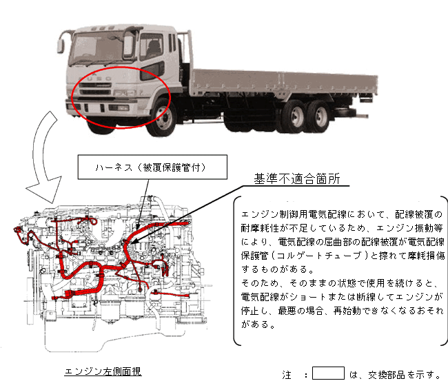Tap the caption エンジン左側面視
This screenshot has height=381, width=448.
[103, 371]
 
